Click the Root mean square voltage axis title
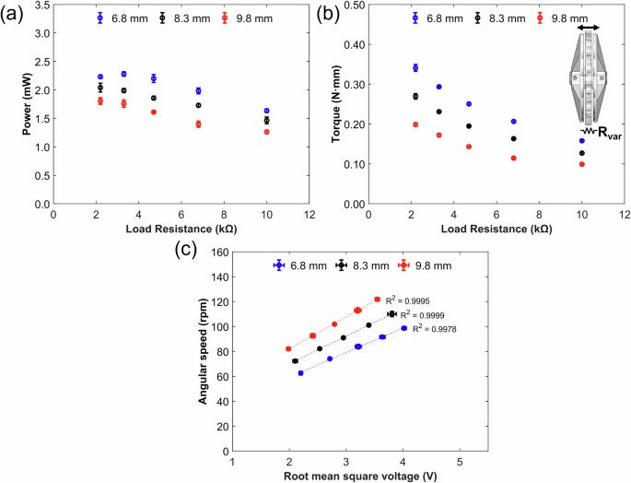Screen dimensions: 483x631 pos(353,475)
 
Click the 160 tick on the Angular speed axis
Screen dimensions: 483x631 pos(218,252)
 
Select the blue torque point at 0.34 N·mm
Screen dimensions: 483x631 pos(415,68)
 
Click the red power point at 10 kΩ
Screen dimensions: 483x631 pos(267,132)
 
